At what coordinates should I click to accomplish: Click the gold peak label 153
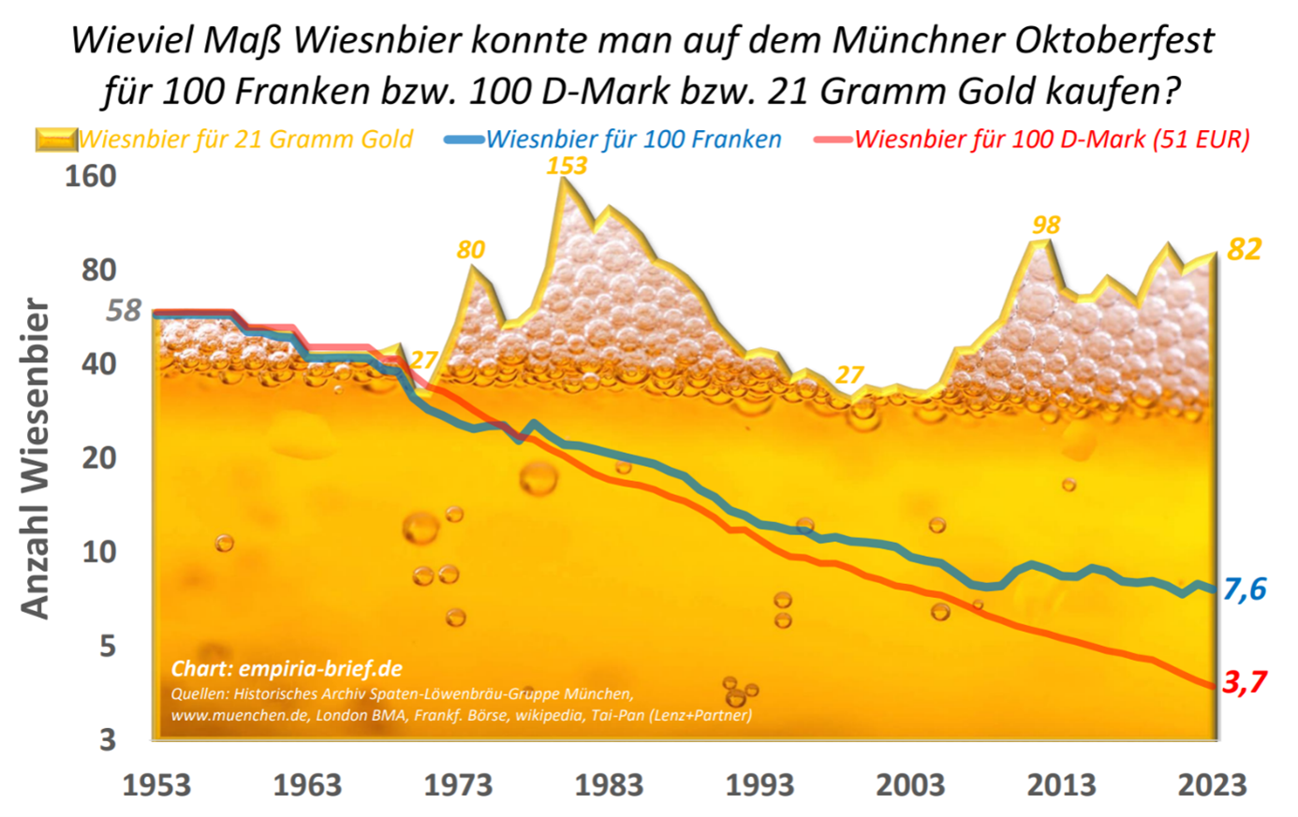567,166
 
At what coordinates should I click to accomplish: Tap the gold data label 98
1045,226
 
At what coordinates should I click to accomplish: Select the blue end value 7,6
1245,589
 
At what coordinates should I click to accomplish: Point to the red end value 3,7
1245,681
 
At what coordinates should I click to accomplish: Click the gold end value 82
1245,249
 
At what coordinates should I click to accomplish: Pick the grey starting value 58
123,310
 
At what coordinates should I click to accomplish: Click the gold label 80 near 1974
471,250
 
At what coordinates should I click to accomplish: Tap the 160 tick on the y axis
90,176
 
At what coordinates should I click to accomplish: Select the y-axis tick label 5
108,646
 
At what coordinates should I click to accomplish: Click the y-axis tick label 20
98,458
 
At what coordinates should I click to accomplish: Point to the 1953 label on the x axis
156,784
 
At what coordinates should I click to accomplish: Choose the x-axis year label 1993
760,784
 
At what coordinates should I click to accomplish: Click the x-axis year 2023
1212,784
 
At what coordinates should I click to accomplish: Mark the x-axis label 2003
910,784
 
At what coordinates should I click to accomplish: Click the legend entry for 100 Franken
633,140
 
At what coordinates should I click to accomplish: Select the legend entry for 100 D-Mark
1052,140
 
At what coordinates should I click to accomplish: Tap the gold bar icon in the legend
55,140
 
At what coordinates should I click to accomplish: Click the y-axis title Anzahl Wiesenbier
35,459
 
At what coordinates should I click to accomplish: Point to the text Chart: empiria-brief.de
287,669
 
